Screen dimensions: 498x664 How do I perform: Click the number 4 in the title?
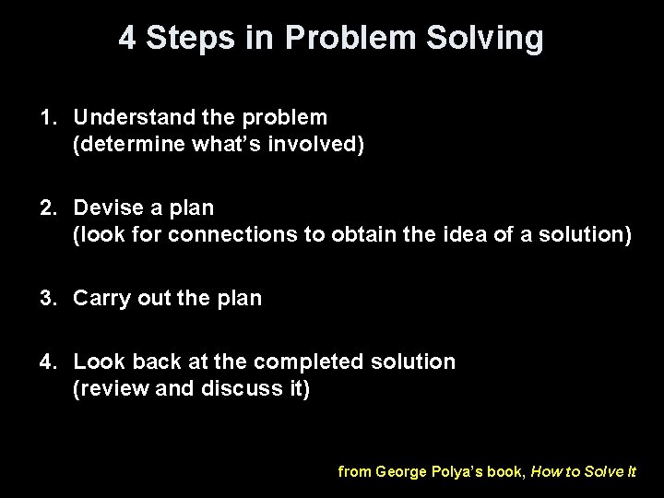pyautogui.click(x=127, y=39)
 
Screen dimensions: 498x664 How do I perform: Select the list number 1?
pyautogui.click(x=45, y=117)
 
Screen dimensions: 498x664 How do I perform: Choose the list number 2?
pyautogui.click(x=45, y=207)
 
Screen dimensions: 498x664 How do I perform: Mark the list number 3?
pyautogui.click(x=45, y=298)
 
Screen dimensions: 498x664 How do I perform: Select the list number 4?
pyautogui.click(x=45, y=362)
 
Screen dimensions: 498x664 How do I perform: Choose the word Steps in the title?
pyautogui.click(x=192, y=39)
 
